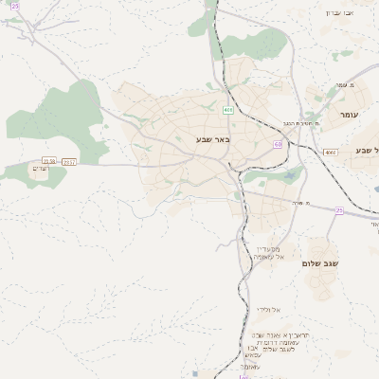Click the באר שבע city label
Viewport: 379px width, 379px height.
pyautogui.click(x=213, y=140)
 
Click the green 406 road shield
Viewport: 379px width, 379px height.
pyautogui.click(x=228, y=111)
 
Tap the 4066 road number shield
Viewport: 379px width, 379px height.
pyautogui.click(x=330, y=152)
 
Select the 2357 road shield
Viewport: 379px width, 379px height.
pyautogui.click(x=69, y=163)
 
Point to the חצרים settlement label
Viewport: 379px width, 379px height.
pyautogui.click(x=40, y=170)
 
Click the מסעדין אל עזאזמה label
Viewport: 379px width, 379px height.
pyautogui.click(x=263, y=251)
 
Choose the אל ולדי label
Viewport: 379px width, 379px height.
pyautogui.click(x=266, y=310)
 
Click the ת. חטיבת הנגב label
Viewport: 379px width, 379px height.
pyautogui.click(x=298, y=123)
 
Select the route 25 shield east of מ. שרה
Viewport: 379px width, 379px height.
pyautogui.click(x=338, y=211)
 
